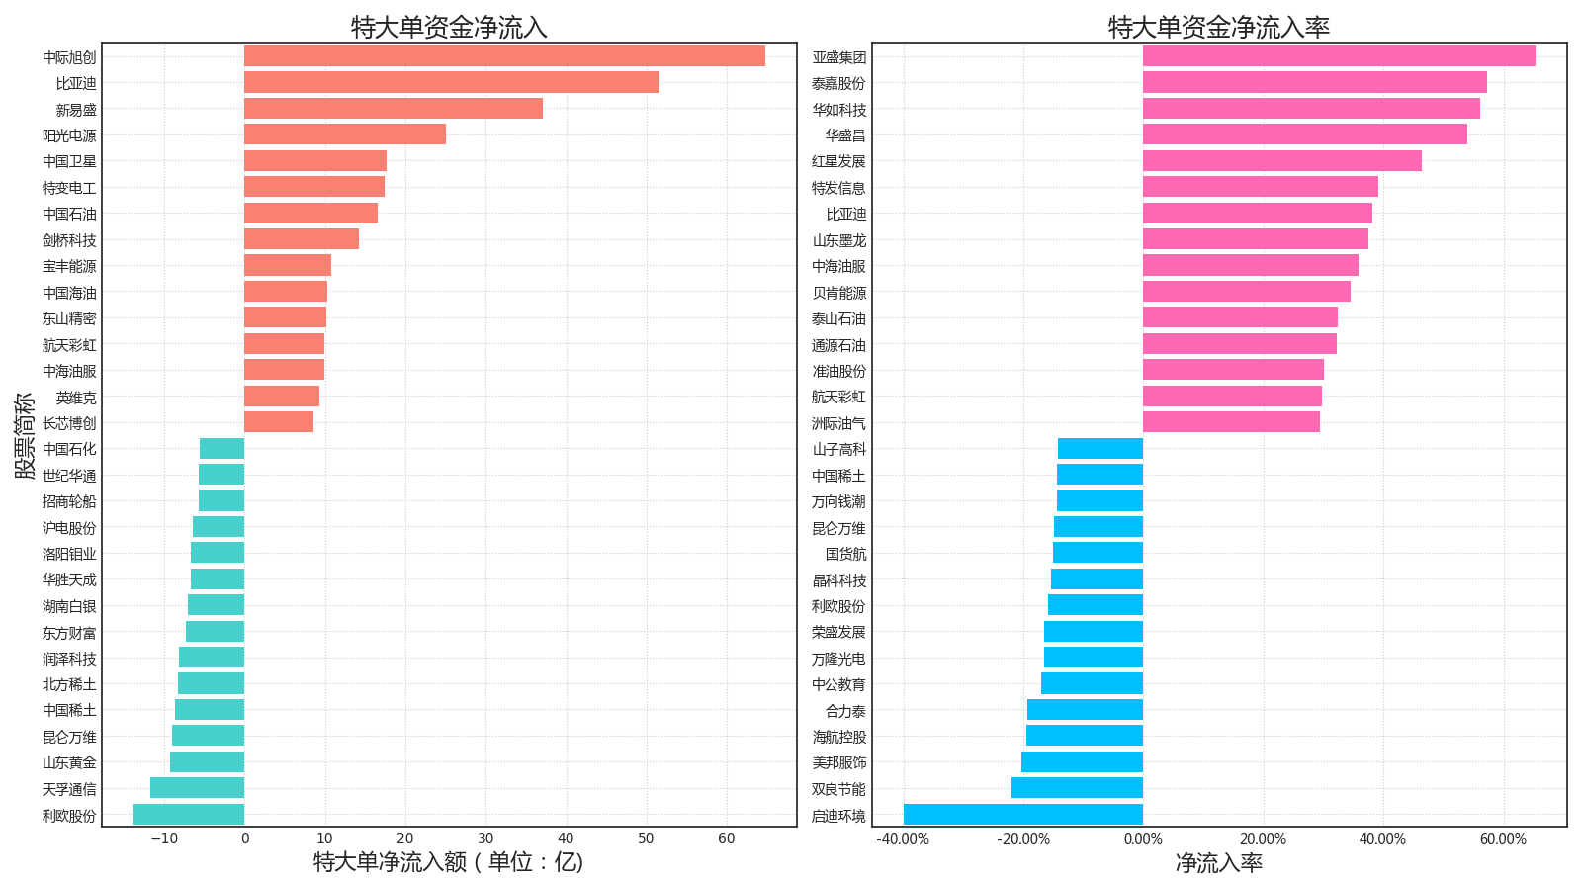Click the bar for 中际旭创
tap(504, 56)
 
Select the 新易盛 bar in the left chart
tap(394, 109)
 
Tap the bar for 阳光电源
tap(345, 134)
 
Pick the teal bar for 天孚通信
tap(197, 788)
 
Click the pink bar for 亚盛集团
tap(1339, 56)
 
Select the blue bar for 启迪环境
tap(1023, 815)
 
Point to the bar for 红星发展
tap(1282, 161)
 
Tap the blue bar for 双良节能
tap(1077, 788)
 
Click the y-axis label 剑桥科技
tap(69, 240)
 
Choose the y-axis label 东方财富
tap(69, 633)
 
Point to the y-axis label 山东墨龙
tap(838, 240)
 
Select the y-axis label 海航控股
tap(838, 737)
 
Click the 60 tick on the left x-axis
tap(727, 839)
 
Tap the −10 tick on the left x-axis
tap(163, 839)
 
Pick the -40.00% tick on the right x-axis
tap(903, 839)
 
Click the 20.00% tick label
tap(1263, 839)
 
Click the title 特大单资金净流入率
tap(1219, 27)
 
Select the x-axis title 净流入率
tap(1219, 863)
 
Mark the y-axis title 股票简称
tap(25, 435)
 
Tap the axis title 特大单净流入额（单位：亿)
tap(449, 862)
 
